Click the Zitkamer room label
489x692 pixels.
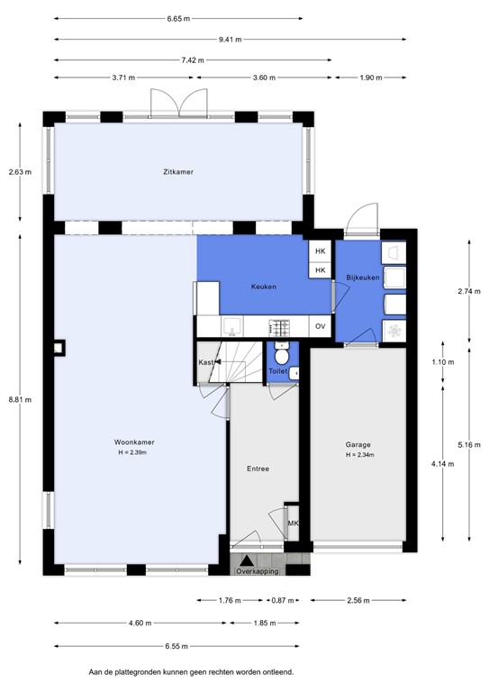coord(178,171)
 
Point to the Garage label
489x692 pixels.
coord(358,444)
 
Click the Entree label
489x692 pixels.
coord(258,469)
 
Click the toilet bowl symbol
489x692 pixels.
coord(282,357)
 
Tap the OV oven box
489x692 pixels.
coord(320,326)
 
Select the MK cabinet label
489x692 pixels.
coord(293,524)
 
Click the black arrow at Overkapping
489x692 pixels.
coord(246,560)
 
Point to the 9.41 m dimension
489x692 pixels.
coord(230,39)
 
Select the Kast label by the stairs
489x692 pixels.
coord(205,362)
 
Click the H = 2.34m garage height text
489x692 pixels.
coord(358,455)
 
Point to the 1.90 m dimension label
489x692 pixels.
coord(371,78)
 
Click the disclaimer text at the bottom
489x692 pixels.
coord(190,671)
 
